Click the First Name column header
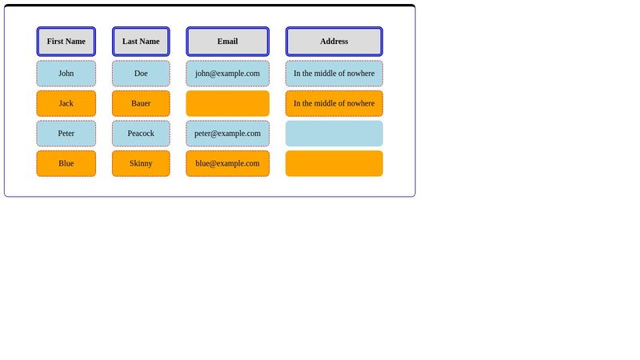66,42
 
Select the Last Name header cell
141,42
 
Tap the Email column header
227,42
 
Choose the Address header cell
334,42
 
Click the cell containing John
66,74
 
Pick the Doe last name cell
141,74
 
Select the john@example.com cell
227,74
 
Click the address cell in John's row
334,74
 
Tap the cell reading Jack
66,103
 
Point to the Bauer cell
141,103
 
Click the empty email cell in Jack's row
227,103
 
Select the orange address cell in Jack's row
334,103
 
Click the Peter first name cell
66,134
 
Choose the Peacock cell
141,134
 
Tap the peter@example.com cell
227,134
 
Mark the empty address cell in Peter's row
334,134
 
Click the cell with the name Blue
66,163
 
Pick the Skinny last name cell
141,163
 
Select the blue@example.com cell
227,163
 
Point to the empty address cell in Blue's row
334,163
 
